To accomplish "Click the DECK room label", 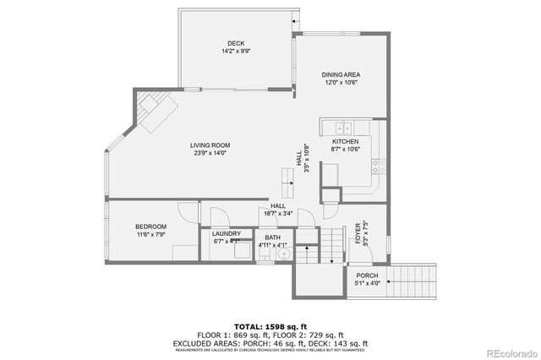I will point(236,44).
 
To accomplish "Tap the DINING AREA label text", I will point(341,75).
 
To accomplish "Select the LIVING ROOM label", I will point(210,145).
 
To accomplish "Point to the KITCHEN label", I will point(345,142).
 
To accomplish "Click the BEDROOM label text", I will point(150,226).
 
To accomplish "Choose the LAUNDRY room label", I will point(227,234).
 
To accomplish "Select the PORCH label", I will point(366,275).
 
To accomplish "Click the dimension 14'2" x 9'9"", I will point(236,52).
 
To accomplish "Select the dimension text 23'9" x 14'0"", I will point(210,153).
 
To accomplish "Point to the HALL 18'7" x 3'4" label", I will point(276,210).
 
